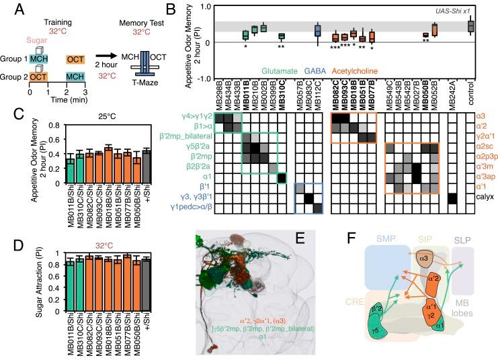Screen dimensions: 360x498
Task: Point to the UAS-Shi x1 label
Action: (470, 11)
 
